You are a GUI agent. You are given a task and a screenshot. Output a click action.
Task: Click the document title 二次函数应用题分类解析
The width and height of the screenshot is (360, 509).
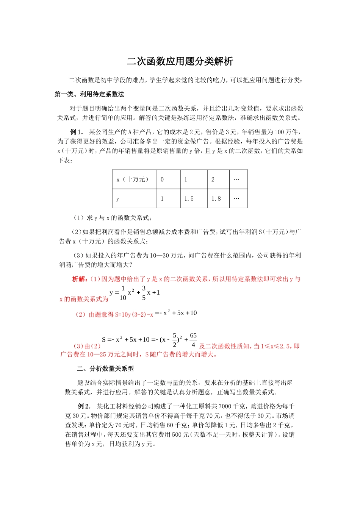click(x=180, y=61)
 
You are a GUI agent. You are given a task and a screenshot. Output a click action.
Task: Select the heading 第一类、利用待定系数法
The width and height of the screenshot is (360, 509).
click(x=89, y=94)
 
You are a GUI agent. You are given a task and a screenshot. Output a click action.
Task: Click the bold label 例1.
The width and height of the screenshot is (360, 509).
click(x=77, y=132)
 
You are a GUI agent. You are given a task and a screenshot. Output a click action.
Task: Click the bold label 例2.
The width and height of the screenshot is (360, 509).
click(x=84, y=406)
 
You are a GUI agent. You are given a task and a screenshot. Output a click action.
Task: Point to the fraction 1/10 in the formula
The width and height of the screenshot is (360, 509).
click(x=123, y=293)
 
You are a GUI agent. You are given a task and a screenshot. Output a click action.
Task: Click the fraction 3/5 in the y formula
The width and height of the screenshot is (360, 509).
click(x=144, y=293)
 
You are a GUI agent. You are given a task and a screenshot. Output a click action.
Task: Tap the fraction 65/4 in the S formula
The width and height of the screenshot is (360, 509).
click(x=193, y=340)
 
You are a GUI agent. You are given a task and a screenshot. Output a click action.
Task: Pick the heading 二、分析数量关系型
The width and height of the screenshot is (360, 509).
click(x=105, y=368)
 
